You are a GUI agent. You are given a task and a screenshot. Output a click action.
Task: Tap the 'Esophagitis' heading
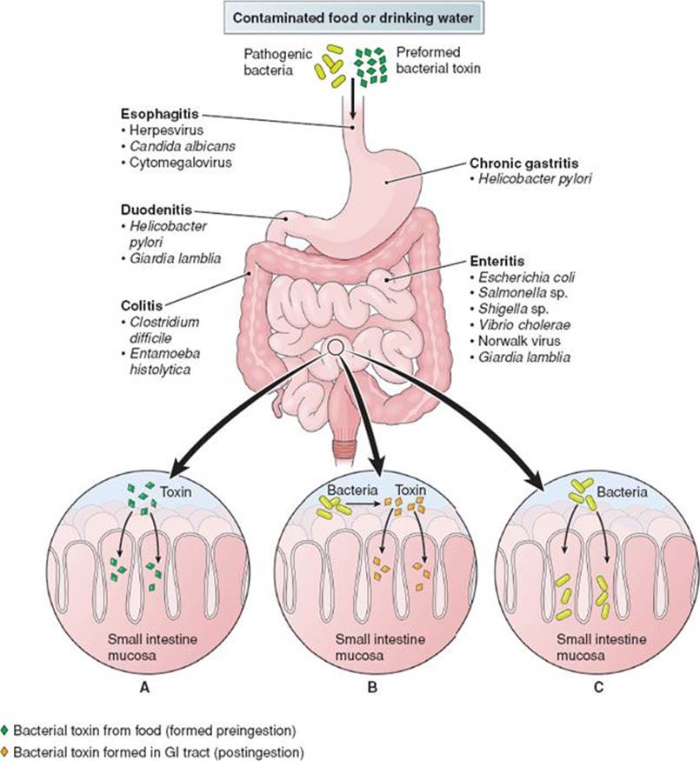(x=154, y=115)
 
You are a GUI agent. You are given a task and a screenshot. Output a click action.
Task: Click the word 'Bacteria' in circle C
(x=626, y=492)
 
